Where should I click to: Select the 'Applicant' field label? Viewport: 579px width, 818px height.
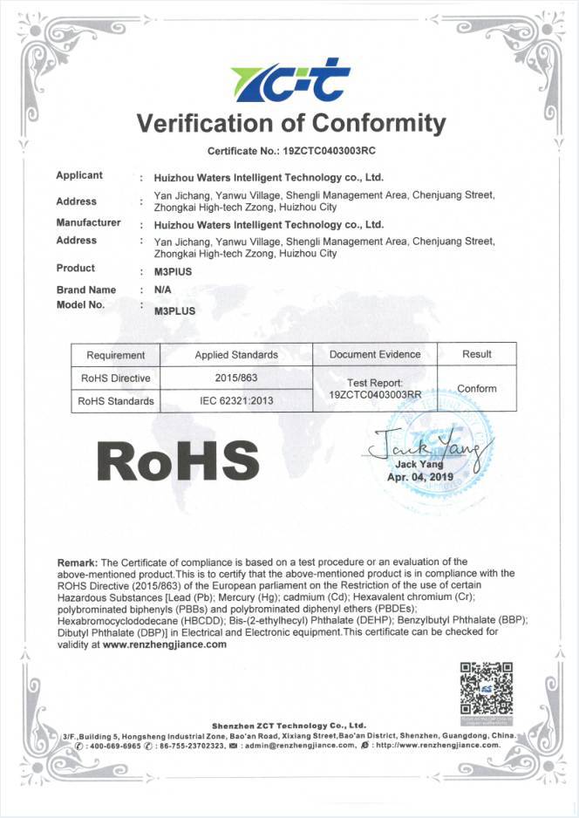tap(79, 175)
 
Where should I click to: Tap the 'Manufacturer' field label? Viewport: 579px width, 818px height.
tap(88, 223)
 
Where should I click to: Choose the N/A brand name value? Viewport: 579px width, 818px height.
tap(163, 290)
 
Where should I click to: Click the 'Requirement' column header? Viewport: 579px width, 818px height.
tap(116, 355)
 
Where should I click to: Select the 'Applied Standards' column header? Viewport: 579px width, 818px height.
tap(236, 355)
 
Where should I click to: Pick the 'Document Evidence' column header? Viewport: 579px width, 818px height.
tap(375, 355)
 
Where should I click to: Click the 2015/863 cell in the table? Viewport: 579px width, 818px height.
tap(236, 378)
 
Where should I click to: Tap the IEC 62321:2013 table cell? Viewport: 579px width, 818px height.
tap(236, 401)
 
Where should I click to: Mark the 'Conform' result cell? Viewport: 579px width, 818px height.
tap(477, 389)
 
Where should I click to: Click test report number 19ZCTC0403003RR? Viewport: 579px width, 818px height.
tap(375, 395)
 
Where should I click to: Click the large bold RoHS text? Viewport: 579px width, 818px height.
tap(178, 460)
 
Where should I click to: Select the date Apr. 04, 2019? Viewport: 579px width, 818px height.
tap(420, 478)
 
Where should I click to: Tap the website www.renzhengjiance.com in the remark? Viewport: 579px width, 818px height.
tap(165, 644)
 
